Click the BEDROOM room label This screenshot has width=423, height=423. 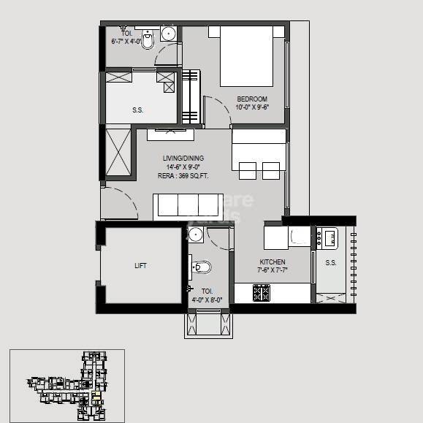tap(251, 99)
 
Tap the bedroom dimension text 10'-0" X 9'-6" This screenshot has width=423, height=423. tap(252, 107)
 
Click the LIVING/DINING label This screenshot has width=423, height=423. tap(183, 158)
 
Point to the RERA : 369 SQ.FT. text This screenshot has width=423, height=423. tap(183, 175)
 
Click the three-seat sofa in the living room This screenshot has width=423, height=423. tap(187, 206)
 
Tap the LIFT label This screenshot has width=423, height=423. tap(140, 266)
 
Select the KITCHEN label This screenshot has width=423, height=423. tap(273, 262)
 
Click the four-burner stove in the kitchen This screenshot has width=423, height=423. tap(262, 293)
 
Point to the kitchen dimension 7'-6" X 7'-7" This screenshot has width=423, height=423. tap(273, 270)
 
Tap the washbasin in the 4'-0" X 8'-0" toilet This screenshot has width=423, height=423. tap(194, 235)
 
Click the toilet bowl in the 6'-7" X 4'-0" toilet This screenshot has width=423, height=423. tap(148, 42)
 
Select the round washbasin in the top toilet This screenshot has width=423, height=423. tap(167, 33)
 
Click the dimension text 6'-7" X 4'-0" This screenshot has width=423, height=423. tap(125, 42)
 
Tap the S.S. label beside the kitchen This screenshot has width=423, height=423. tap(330, 262)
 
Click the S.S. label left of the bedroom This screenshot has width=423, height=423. tap(137, 110)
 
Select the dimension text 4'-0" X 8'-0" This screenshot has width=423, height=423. tap(207, 300)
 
